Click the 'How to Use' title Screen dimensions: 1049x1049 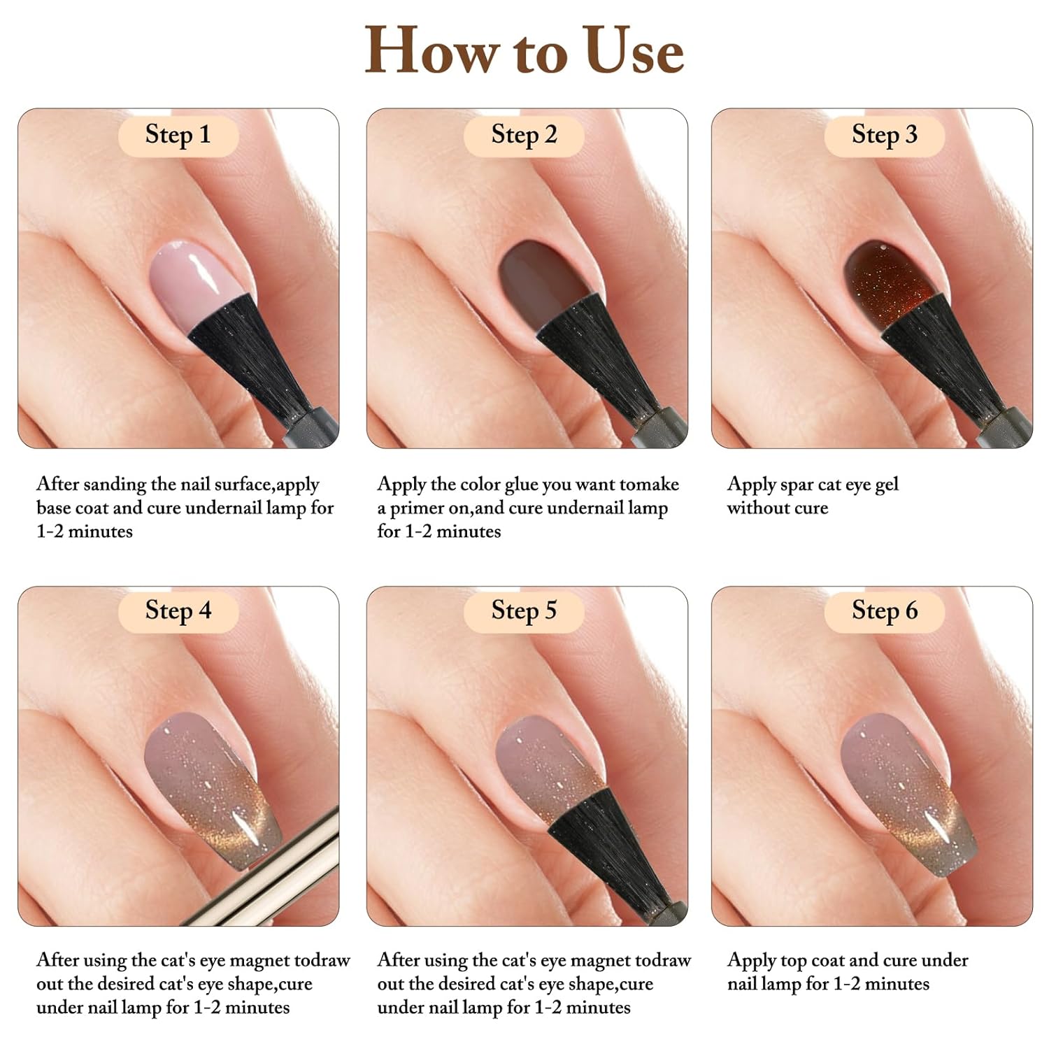point(524,50)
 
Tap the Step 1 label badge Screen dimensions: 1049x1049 point(178,134)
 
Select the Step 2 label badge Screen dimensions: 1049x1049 point(524,134)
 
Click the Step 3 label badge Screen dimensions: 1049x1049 point(884,134)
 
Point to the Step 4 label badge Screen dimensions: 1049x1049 point(178,611)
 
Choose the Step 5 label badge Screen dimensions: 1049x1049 point(524,611)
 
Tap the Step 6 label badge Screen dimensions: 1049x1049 point(884,611)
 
